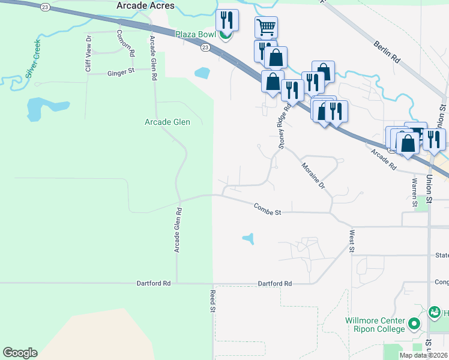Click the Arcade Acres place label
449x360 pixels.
pos(146,6)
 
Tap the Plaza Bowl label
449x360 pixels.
pos(195,34)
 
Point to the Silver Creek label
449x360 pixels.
pos(32,66)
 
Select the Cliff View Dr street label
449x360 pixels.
pos(88,54)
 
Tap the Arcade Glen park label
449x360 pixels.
pos(167,122)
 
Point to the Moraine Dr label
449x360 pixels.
pos(313,175)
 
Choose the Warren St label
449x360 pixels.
pos(414,192)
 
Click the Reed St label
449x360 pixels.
pos(212,301)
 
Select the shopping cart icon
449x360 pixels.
pos(266,27)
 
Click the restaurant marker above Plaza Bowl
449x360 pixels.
pos(227,19)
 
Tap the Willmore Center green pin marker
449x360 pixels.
pos(414,325)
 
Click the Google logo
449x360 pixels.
pos(20,353)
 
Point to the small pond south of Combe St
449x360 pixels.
pos(249,239)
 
